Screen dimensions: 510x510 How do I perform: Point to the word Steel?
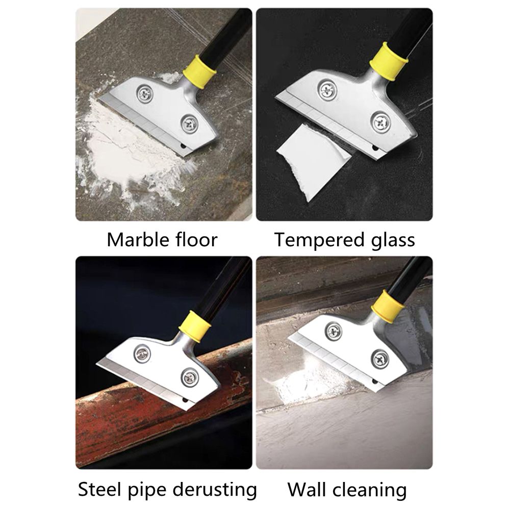coord(100,489)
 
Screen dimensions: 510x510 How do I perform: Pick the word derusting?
coord(214,489)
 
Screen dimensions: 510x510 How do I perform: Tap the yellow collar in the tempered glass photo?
coord(388,62)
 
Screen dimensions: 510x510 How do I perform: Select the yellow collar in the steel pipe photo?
coord(195,327)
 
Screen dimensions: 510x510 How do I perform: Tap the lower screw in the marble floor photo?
coord(190,124)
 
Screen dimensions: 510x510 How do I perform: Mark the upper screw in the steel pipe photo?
coord(142,353)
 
